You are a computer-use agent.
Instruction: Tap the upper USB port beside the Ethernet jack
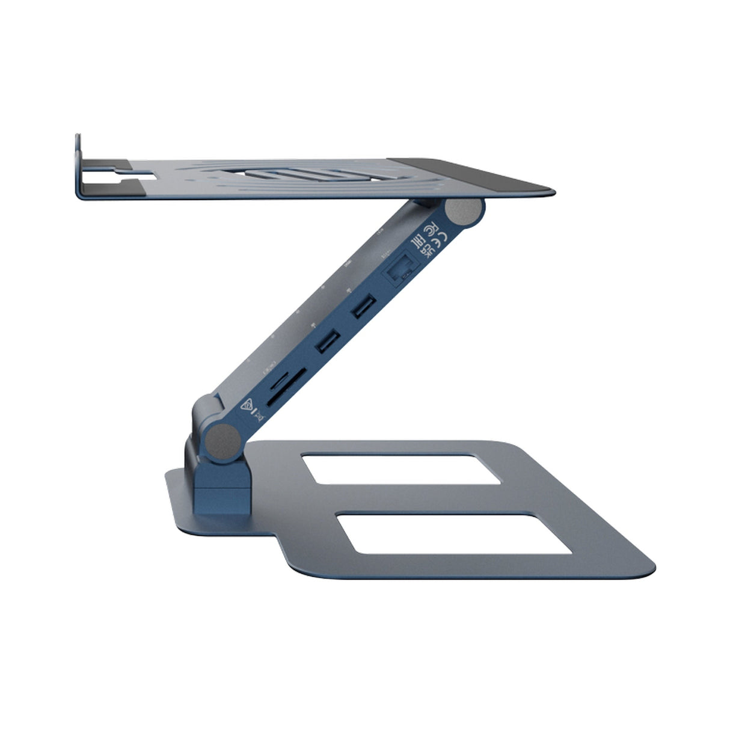tap(364, 307)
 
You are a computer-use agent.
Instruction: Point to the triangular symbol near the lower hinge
tap(245, 405)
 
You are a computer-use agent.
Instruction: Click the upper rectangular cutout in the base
tap(400, 469)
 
